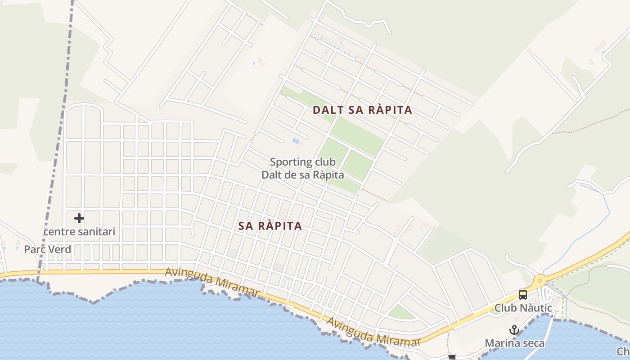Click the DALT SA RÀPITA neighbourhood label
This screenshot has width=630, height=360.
(x=362, y=110)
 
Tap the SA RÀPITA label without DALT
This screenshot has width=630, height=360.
(x=270, y=226)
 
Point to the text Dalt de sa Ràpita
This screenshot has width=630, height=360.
(x=303, y=175)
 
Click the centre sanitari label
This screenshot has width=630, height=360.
(x=79, y=232)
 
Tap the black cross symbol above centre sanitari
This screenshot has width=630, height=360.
(x=79, y=218)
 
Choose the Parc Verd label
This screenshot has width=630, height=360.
(x=48, y=249)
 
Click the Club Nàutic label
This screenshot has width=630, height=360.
(x=523, y=308)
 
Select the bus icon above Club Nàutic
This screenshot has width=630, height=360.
(x=522, y=295)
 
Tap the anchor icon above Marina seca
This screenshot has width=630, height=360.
(x=514, y=330)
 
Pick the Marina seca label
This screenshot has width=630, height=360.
(x=514, y=343)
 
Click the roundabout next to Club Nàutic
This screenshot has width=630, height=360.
(x=540, y=281)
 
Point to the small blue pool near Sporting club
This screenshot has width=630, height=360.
(x=296, y=141)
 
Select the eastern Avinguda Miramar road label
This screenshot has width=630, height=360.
(x=373, y=333)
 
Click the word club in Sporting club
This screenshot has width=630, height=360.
(x=325, y=162)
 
